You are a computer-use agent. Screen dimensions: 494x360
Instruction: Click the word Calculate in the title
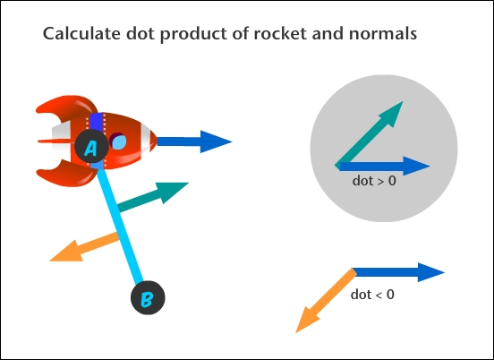(x=81, y=33)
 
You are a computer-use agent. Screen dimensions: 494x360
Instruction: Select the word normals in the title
(x=383, y=33)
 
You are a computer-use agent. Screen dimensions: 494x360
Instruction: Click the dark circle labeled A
(x=91, y=146)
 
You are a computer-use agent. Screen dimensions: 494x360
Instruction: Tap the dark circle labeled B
(x=148, y=297)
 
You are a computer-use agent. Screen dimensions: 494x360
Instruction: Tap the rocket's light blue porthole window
(x=119, y=141)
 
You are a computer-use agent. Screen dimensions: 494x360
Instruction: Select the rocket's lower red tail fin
(x=67, y=174)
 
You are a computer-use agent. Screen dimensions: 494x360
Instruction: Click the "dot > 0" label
(x=374, y=181)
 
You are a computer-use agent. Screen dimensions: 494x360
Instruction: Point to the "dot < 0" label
(x=372, y=295)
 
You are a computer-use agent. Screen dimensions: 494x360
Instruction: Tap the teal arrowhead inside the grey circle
(x=392, y=113)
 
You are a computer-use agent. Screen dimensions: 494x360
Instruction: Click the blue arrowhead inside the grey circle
(x=416, y=166)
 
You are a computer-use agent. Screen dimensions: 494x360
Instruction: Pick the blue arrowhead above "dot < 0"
(x=431, y=272)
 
